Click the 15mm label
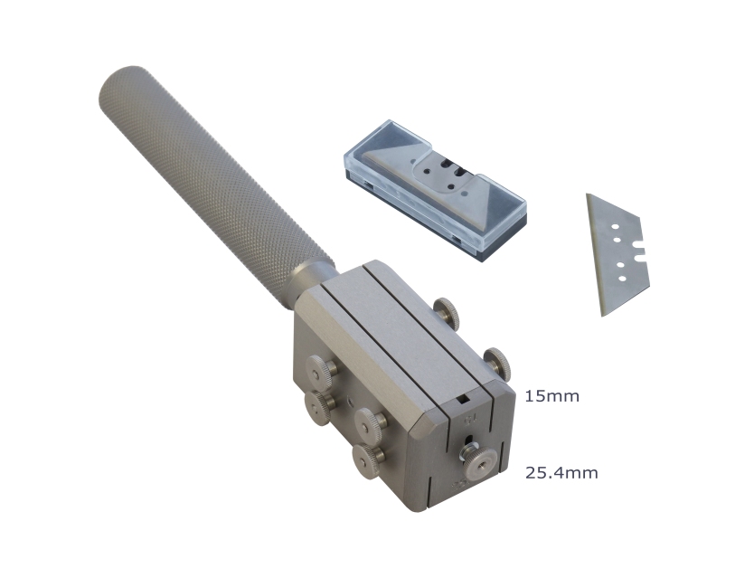click(x=551, y=396)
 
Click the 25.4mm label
click(x=561, y=473)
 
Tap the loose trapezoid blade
click(x=617, y=255)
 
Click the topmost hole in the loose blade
click(x=614, y=227)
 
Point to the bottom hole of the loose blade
click(x=622, y=279)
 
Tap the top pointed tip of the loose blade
click(x=587, y=194)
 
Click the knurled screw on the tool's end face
click(x=479, y=461)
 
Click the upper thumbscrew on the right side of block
click(x=447, y=312)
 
